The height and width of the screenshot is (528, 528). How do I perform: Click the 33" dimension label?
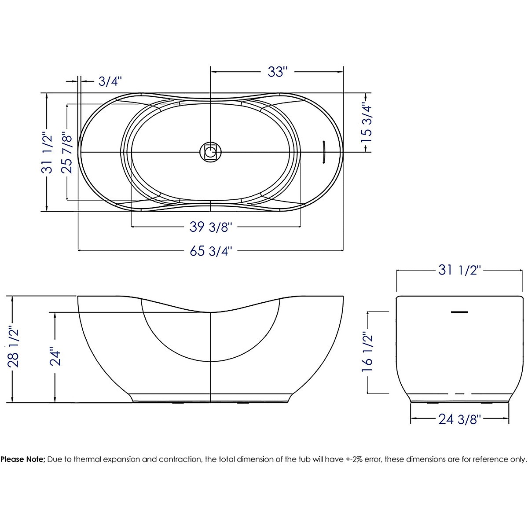tap(277, 72)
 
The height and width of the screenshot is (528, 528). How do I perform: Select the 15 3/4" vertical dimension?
tap(367, 122)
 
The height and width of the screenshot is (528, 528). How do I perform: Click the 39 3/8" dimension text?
tap(210, 227)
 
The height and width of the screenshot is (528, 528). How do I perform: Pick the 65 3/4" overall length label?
tap(210, 251)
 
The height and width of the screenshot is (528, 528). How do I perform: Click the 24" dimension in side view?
tap(55, 358)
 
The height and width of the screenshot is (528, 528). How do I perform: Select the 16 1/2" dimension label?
tap(367, 352)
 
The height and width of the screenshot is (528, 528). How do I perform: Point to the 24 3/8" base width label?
tap(459, 419)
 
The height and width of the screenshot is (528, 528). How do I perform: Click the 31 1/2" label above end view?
tap(460, 270)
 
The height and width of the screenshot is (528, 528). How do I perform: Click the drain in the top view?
tap(211, 152)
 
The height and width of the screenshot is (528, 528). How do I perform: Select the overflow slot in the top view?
tap(323, 152)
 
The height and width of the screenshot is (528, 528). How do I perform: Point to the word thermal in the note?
tap(88, 460)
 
